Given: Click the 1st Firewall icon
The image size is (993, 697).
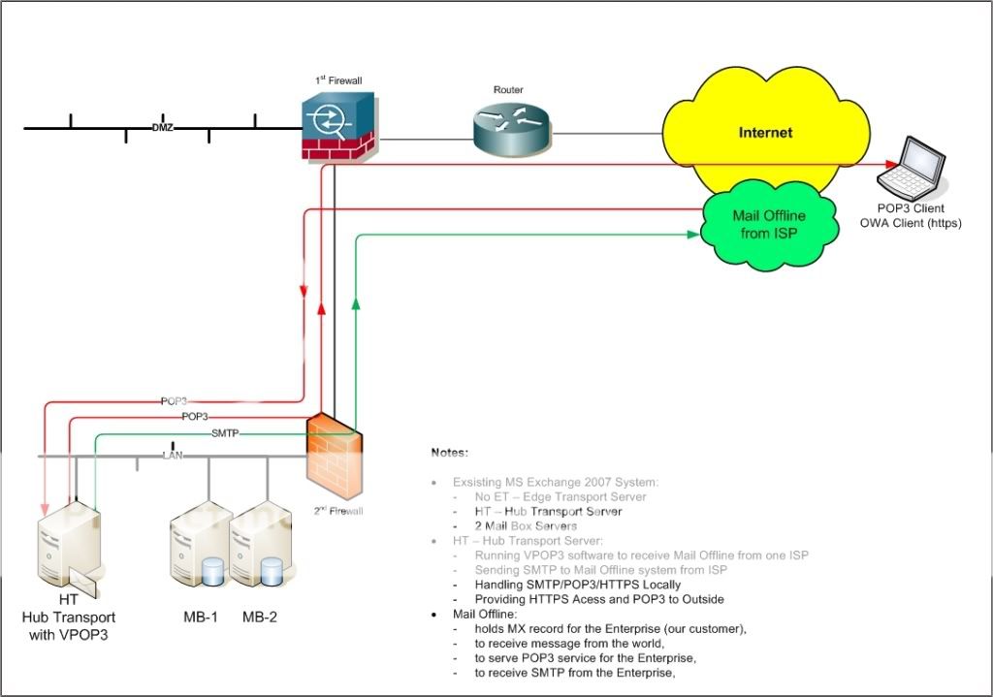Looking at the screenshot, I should coord(338,125).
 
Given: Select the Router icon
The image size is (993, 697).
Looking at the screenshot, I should coord(510,130).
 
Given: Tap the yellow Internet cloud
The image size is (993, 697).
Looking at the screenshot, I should coord(765,133).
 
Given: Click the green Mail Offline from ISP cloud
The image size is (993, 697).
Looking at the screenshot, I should coord(769,224).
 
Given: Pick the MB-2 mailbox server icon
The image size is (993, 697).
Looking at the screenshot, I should coord(260,548).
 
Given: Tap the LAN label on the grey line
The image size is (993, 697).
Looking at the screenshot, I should coord(173,455).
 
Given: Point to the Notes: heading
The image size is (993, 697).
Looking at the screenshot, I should coord(450,453).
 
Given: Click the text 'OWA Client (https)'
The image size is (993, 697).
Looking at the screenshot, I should coord(910,224).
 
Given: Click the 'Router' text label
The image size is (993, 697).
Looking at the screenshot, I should coord(508,90).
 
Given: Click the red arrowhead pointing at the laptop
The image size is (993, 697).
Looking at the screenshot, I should coord(888,164).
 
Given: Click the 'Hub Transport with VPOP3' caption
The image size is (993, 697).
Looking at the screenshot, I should coord(69,624).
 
